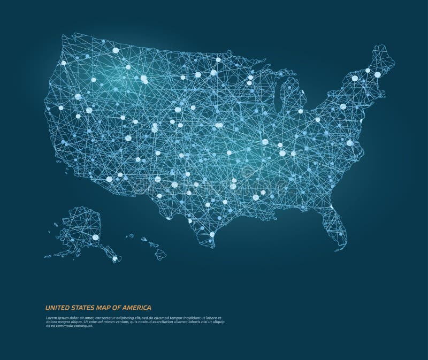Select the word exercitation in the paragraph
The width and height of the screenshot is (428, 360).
click(159, 323)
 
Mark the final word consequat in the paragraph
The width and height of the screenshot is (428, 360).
click(82, 326)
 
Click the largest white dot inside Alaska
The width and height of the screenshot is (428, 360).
click(96, 237)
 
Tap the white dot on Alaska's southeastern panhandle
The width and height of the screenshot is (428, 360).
click(114, 259)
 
